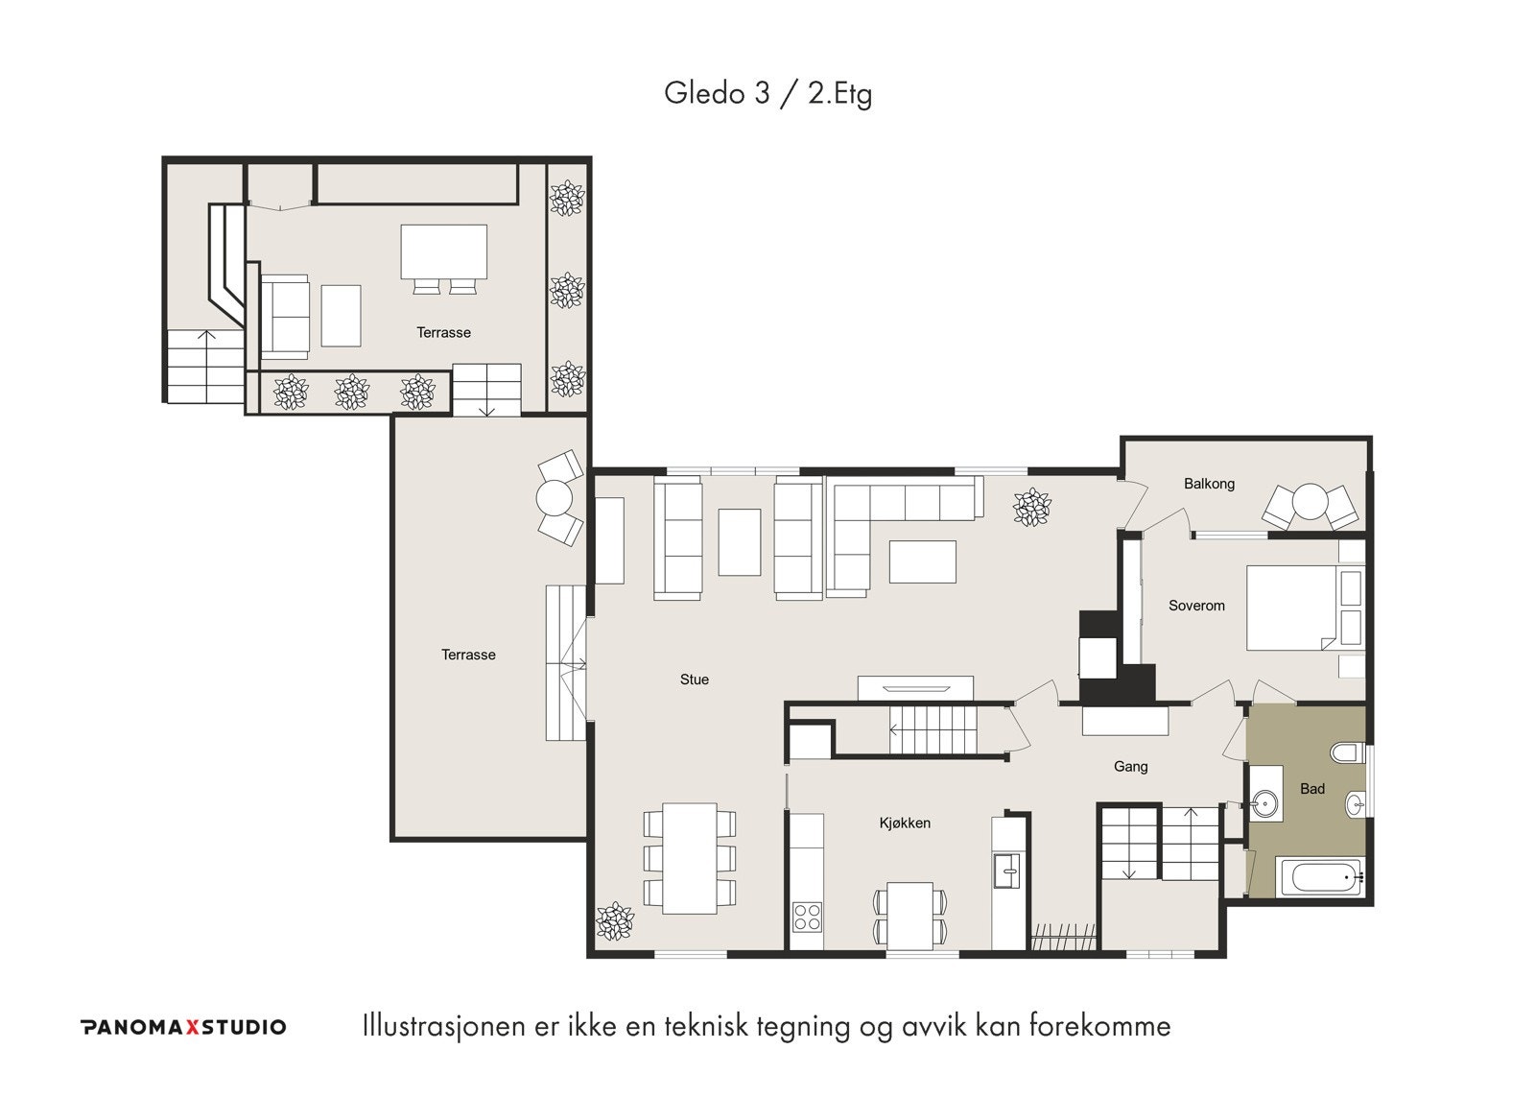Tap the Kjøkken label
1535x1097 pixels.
pos(905,823)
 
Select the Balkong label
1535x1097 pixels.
pos(1209,484)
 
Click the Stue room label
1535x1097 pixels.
pos(695,680)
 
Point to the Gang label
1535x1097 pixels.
pos(1130,767)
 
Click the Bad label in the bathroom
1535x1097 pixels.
pos(1312,789)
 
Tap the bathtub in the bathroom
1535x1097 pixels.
pos(1320,876)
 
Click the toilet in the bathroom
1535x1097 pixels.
pos(1347,753)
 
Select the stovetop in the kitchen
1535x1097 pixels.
pos(807,917)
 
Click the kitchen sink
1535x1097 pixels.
pos(1006,871)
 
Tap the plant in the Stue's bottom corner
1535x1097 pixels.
pos(615,920)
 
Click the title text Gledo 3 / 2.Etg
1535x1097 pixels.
pos(767,93)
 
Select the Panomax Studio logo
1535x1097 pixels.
pos(183,1027)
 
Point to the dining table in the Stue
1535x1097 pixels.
pos(690,858)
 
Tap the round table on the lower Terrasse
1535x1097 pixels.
pos(554,498)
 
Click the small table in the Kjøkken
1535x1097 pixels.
pos(910,916)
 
